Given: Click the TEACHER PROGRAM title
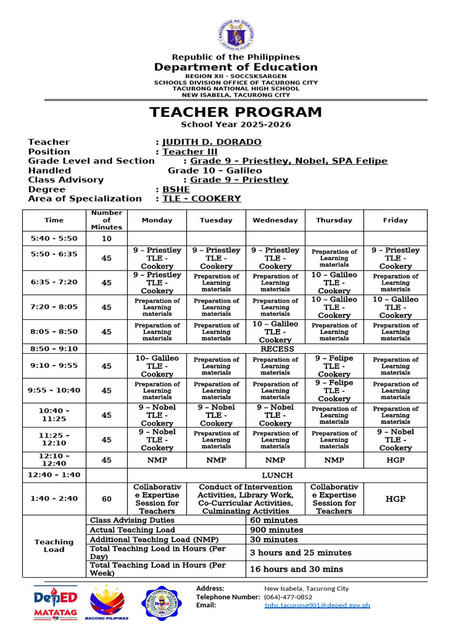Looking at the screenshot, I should coord(235,113).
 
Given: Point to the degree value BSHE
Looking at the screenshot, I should coord(176,189).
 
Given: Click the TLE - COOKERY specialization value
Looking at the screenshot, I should coord(202,199).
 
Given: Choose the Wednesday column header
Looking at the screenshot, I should coord(275,220).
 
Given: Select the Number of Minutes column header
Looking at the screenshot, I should coord(106,220).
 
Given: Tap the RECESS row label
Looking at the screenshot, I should coord(277,349).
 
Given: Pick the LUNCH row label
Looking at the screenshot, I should coord(277,476).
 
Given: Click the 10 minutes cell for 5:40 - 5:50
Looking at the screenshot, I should coord(106,239).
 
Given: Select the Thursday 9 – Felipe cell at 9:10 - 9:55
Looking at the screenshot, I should coord(334,366).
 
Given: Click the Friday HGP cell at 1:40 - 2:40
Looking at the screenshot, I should coord(395,499).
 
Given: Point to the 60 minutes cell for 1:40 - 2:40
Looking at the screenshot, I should coord(106,499).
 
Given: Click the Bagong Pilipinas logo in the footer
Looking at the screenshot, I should coord(108,603).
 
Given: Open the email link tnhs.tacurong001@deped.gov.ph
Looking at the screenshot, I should coord(317,605).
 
